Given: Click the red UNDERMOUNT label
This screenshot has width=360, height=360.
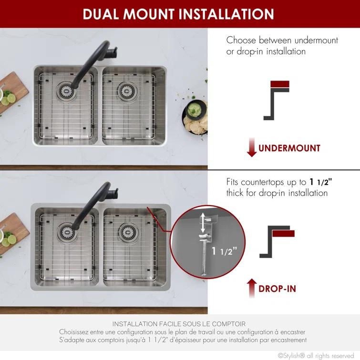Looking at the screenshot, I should pyautogui.click(x=289, y=148).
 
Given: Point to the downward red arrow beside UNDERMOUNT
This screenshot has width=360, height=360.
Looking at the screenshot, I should pyautogui.click(x=252, y=148).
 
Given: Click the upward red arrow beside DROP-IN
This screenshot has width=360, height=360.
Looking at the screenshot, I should pyautogui.click(x=252, y=288).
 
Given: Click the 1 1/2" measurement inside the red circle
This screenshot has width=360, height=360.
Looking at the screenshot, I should pyautogui.click(x=224, y=251).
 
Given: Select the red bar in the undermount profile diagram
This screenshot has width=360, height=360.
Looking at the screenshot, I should pyautogui.click(x=280, y=85).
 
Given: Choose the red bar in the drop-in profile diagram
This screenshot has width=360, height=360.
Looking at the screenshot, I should pyautogui.click(x=282, y=233).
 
